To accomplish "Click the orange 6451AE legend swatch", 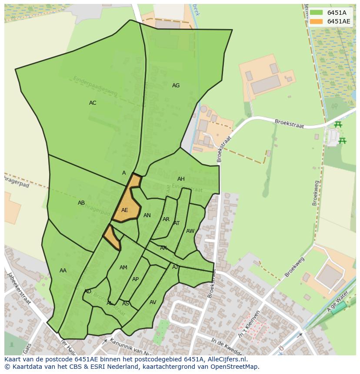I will pyautogui.click(x=317, y=22).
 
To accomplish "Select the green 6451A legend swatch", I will pyautogui.click(x=317, y=13).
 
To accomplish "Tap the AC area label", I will pyautogui.click(x=93, y=103).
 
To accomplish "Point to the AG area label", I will pyautogui.click(x=176, y=86).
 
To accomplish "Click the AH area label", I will pyautogui.click(x=181, y=179).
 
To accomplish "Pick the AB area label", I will pyautogui.click(x=81, y=203).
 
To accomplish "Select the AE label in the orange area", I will pyautogui.click(x=125, y=210).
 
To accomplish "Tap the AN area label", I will pyautogui.click(x=147, y=215).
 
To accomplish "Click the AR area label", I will pyautogui.click(x=166, y=219).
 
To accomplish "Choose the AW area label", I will pyautogui.click(x=190, y=231).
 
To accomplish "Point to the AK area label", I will pyautogui.click(x=163, y=248).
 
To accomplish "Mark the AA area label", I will pyautogui.click(x=63, y=271).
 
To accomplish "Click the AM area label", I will pyautogui.click(x=123, y=268).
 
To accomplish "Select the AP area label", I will pyautogui.click(x=135, y=279).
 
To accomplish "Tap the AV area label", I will pyautogui.click(x=153, y=302).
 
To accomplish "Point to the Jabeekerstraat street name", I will pyautogui.click(x=19, y=289).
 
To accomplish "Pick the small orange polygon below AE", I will pyautogui.click(x=112, y=238).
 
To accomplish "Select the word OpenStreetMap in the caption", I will pyautogui.click(x=237, y=367).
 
